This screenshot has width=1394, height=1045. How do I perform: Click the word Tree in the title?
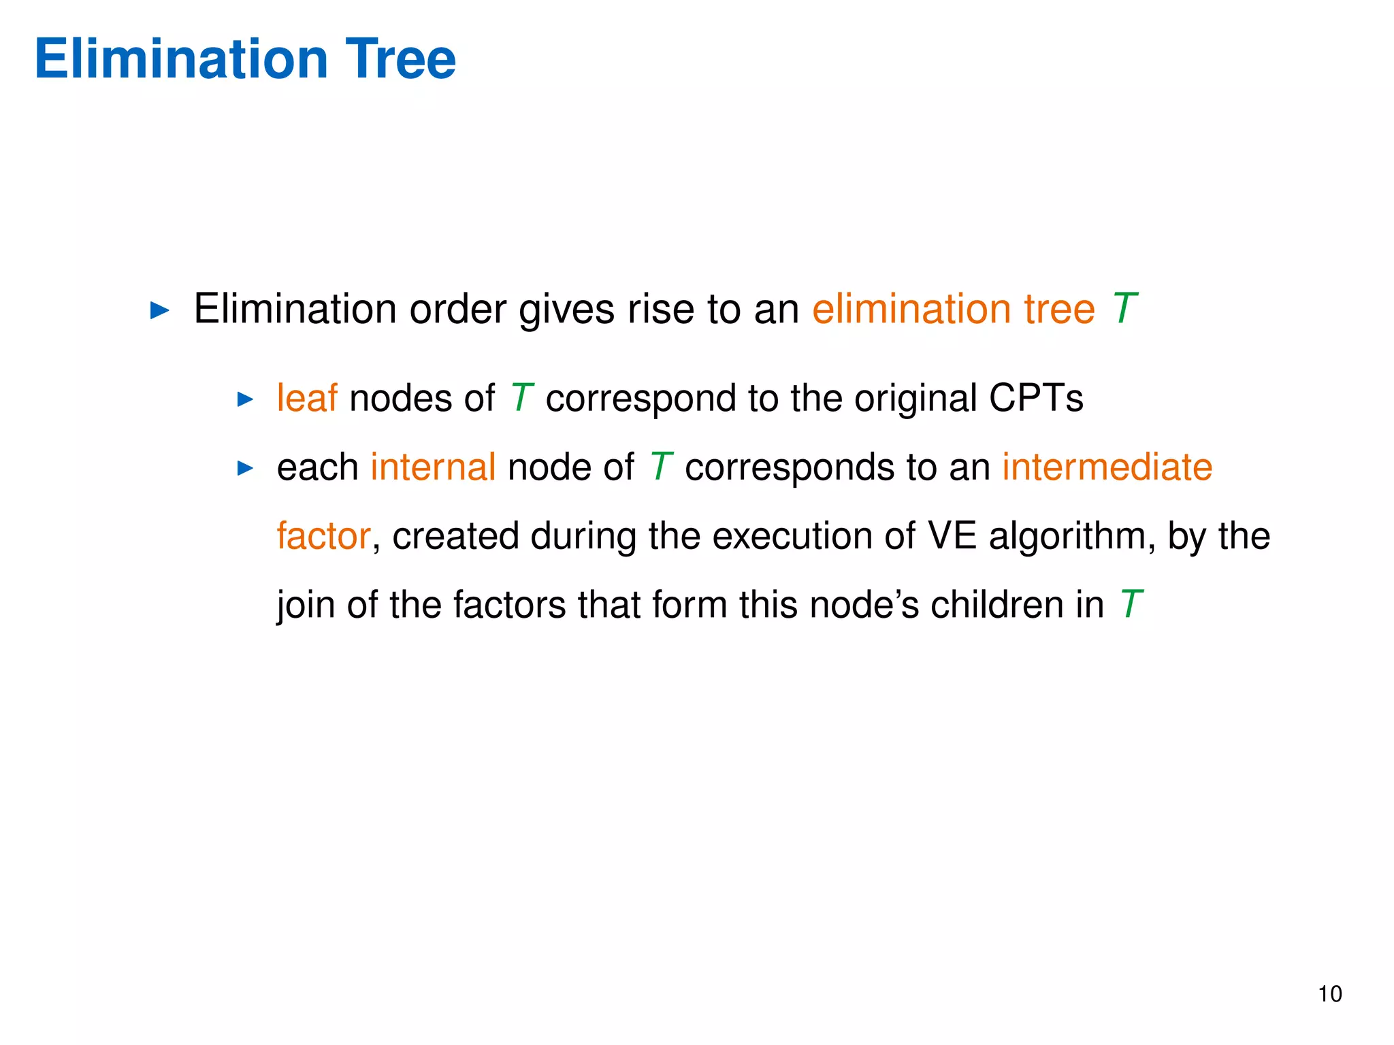[x=400, y=59]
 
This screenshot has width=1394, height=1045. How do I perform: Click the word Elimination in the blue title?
[x=181, y=59]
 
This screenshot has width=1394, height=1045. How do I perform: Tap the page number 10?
[x=1329, y=994]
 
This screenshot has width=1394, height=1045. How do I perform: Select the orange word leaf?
[x=306, y=398]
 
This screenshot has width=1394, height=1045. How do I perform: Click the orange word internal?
[x=433, y=467]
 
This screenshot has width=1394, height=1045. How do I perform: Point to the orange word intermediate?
[x=1107, y=467]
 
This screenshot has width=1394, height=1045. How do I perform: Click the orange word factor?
[x=323, y=536]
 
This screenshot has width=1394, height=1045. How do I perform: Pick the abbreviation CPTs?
[x=1035, y=398]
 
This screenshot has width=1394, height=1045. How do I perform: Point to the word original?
[x=915, y=398]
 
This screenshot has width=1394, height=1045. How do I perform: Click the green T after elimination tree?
[x=1124, y=309]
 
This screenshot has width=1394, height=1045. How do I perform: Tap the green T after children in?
[x=1130, y=605]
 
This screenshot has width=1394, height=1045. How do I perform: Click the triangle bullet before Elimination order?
[x=159, y=311]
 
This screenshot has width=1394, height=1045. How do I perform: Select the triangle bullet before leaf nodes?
[x=245, y=399]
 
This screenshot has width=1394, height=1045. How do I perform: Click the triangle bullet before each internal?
[x=245, y=468]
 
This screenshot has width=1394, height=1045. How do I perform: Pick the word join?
[x=306, y=605]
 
